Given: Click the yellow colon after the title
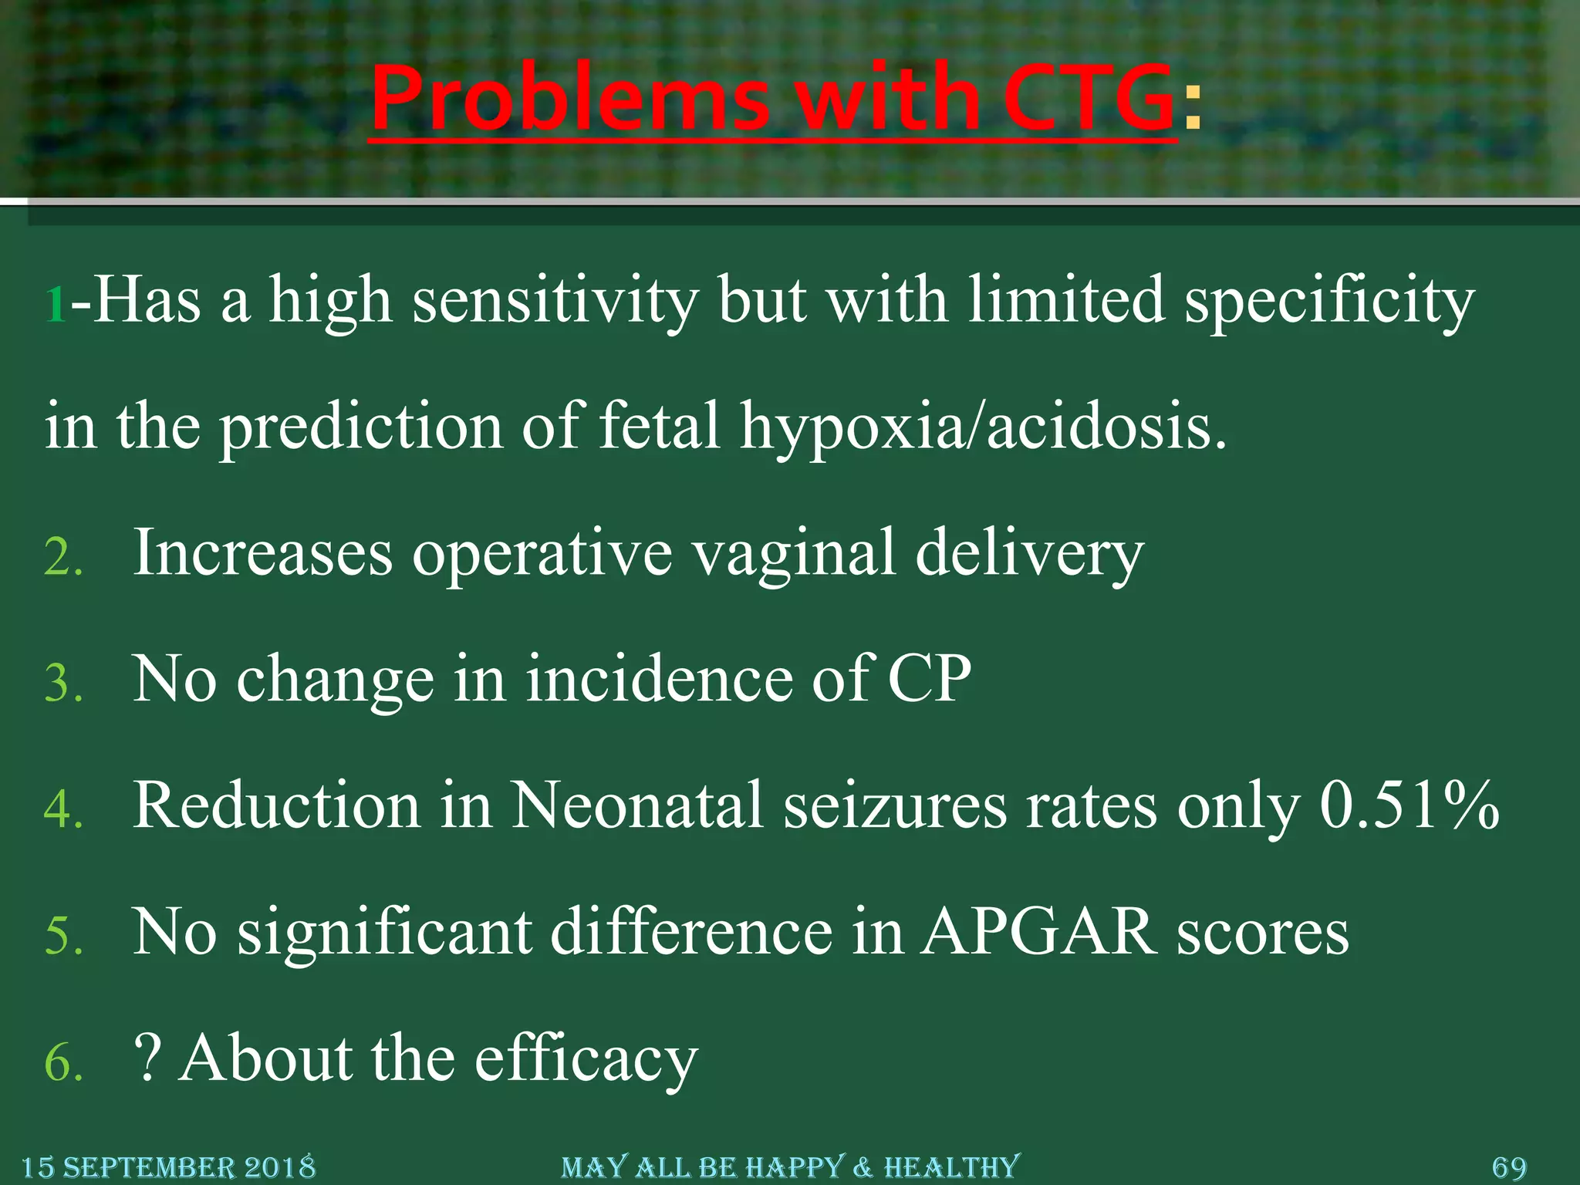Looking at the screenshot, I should [1192, 108].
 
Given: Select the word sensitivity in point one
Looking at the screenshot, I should [555, 301].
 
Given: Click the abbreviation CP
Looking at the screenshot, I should [929, 680].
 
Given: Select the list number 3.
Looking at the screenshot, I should [62, 684].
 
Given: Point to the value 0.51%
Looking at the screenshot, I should [1409, 805].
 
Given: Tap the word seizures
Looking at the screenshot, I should [895, 807].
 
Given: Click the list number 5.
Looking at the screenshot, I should [62, 936].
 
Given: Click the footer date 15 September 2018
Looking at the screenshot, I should [168, 1167].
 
